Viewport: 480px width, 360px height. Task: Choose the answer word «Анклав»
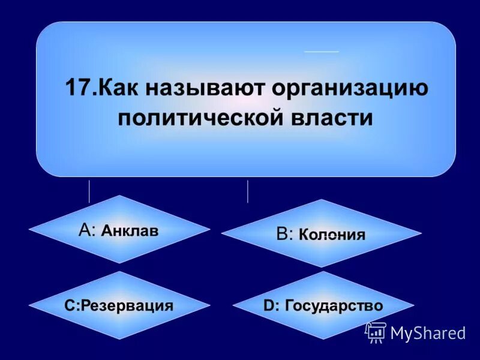[x=130, y=230]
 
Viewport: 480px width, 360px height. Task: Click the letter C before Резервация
[x=69, y=305]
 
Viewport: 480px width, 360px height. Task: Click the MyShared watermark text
[x=428, y=333]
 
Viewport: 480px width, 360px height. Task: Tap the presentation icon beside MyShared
[x=376, y=332]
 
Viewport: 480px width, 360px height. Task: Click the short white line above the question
[x=322, y=52]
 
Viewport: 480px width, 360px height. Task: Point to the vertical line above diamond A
[x=89, y=191]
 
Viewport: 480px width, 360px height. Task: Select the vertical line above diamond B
[x=248, y=191]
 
